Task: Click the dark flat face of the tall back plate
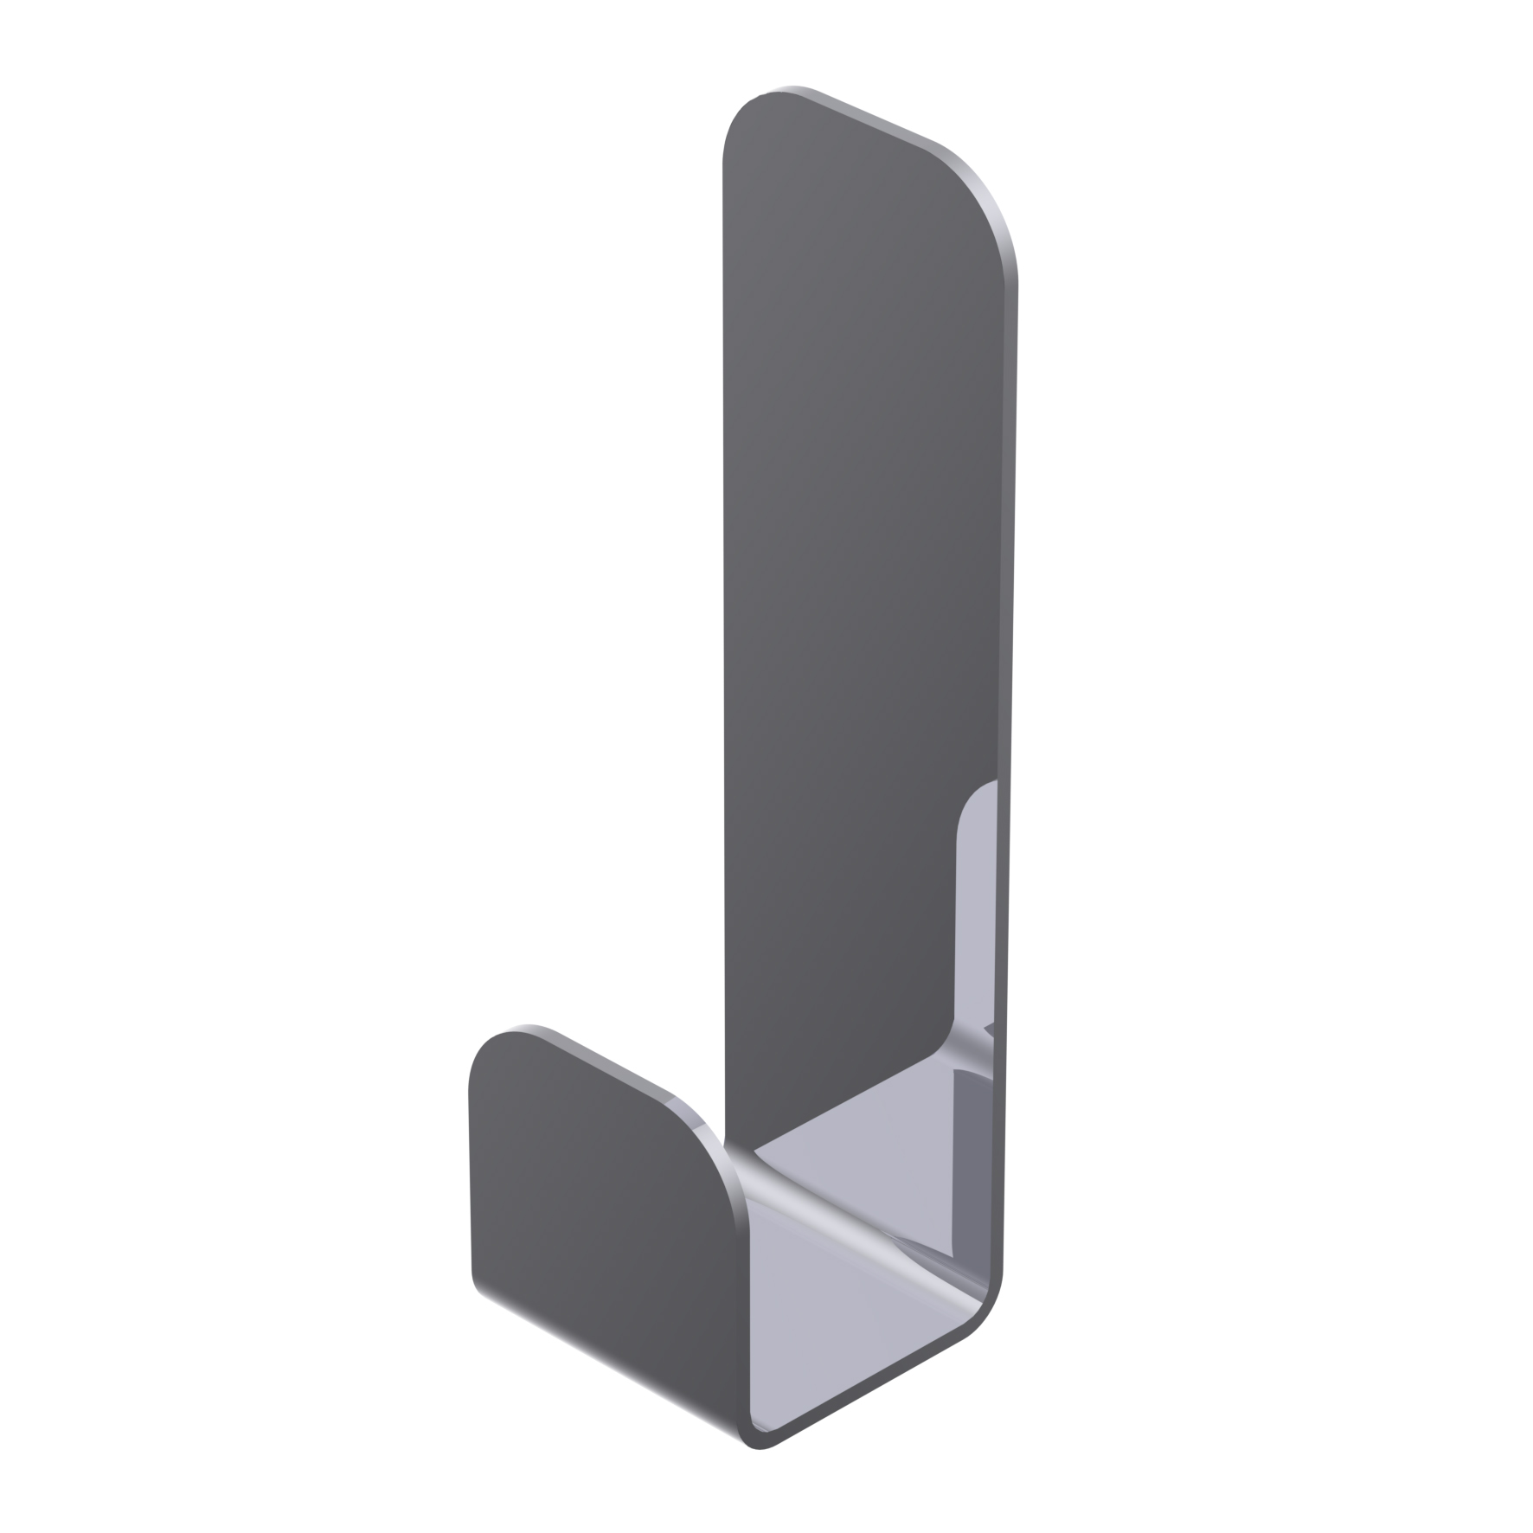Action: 856,562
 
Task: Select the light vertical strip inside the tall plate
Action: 976,908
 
